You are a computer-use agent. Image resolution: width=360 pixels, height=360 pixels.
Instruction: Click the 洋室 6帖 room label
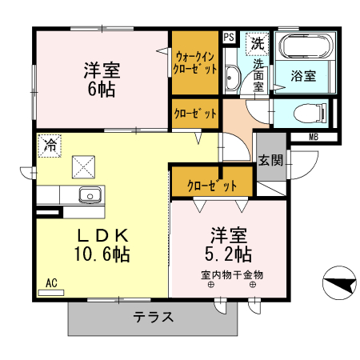pyautogui.click(x=101, y=78)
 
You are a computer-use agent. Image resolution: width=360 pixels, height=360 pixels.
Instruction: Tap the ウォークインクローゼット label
pyautogui.click(x=196, y=62)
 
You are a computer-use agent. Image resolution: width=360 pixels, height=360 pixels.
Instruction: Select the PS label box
pyautogui.click(x=229, y=37)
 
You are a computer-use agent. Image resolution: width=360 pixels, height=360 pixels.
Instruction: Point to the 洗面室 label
pyautogui.click(x=258, y=74)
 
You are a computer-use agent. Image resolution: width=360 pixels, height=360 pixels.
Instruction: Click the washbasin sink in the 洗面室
pyautogui.click(x=233, y=78)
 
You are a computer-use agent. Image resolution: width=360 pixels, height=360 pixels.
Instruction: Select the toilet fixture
pyautogui.click(x=306, y=112)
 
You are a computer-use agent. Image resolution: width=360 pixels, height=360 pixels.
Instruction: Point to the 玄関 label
pyautogui.click(x=270, y=159)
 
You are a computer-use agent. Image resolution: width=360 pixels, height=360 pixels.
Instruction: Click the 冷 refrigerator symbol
pyautogui.click(x=50, y=145)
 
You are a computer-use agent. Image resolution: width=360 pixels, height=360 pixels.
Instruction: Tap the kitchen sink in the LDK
pyautogui.click(x=88, y=195)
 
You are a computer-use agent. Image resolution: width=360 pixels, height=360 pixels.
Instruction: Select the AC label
pyautogui.click(x=51, y=282)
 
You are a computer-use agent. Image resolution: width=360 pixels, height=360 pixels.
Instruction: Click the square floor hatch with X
pyautogui.click(x=84, y=166)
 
